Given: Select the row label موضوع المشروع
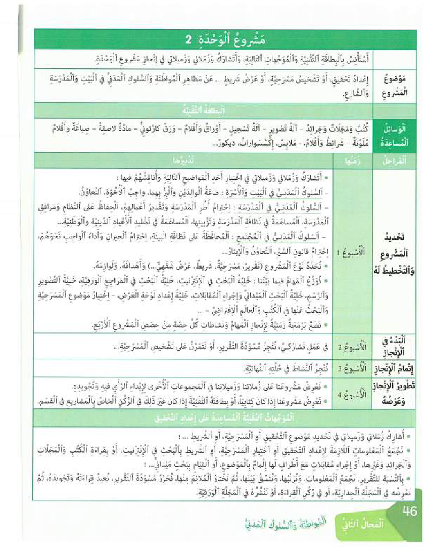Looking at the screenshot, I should tap(394, 87).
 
